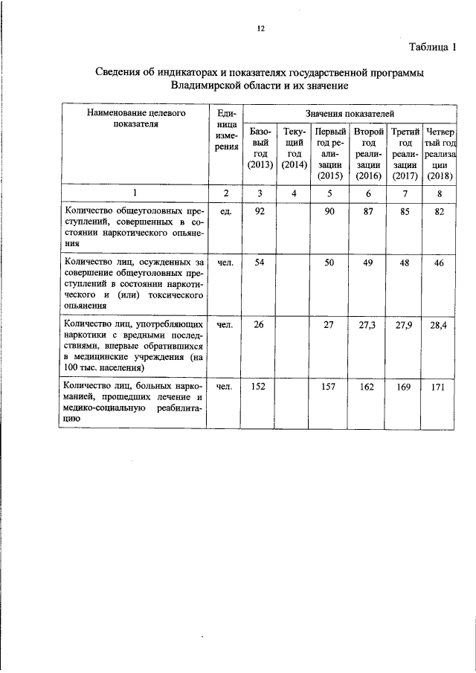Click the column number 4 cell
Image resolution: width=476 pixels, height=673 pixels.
tap(295, 194)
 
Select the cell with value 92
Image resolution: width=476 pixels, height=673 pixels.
tap(260, 212)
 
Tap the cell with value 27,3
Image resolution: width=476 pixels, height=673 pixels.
tap(367, 326)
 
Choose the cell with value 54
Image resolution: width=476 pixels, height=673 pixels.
tap(260, 263)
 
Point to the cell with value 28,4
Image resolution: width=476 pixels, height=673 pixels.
tap(440, 326)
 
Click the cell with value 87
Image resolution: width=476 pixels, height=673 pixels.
tap(367, 212)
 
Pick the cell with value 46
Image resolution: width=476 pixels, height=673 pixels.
tap(440, 263)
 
